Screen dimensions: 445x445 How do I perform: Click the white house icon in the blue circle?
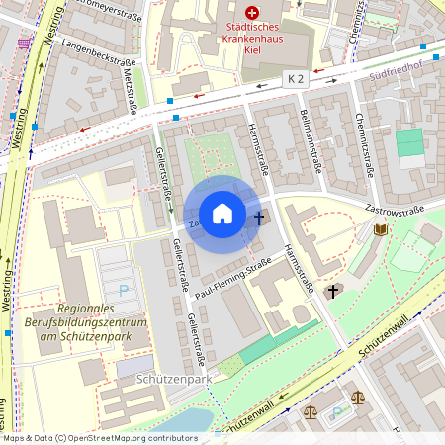click(222, 214)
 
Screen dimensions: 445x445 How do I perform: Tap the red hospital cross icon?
click(252, 12)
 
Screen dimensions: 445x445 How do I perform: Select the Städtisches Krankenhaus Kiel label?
click(252, 38)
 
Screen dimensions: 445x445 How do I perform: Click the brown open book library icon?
click(381, 230)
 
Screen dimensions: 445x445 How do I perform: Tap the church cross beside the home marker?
click(260, 217)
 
